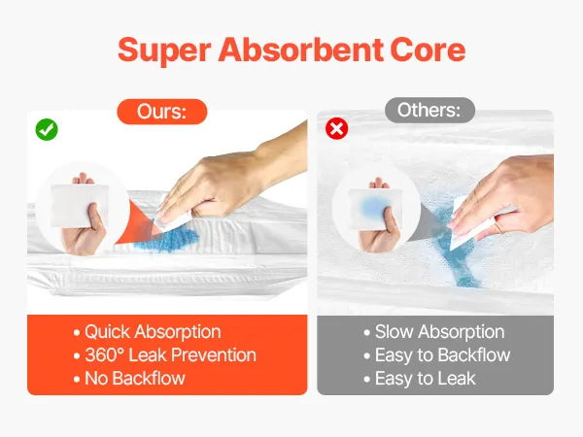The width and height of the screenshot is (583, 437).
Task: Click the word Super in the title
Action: (165, 50)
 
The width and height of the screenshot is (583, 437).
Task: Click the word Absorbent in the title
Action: (301, 50)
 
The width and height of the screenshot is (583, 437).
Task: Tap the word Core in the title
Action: (428, 50)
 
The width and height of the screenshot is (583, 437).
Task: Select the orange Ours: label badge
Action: (162, 112)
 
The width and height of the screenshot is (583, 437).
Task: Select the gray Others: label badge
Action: (429, 111)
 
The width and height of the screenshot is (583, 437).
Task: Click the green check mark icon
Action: (47, 130)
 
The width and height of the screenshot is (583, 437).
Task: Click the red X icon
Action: (337, 128)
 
